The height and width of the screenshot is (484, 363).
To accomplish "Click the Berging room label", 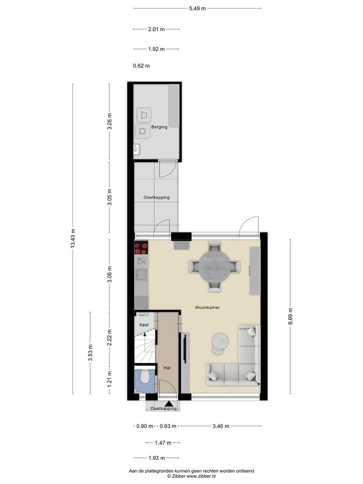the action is [159, 127].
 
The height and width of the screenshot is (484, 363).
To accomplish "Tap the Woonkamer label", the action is [207, 308].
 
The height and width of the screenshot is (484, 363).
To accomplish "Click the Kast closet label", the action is [144, 325].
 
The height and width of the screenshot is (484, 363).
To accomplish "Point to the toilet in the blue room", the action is [145, 376].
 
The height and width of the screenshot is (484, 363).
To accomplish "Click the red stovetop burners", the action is [141, 248].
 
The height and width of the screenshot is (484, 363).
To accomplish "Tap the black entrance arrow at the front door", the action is [169, 403].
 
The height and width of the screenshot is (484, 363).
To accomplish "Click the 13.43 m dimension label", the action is [73, 238].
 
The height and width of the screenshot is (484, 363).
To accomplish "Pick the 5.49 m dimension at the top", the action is [197, 8].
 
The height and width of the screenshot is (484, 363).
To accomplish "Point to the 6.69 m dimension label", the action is [290, 316].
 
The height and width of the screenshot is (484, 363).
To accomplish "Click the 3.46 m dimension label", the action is [221, 426].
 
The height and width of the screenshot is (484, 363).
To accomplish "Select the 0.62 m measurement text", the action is [141, 66].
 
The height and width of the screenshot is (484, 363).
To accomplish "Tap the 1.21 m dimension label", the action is [109, 379].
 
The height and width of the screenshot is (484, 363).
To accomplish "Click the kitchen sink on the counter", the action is [141, 275].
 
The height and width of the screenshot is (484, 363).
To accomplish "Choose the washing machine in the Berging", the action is [143, 131].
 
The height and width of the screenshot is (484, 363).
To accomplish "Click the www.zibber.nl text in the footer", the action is [201, 476].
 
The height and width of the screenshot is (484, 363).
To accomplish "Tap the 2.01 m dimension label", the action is [156, 29].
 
